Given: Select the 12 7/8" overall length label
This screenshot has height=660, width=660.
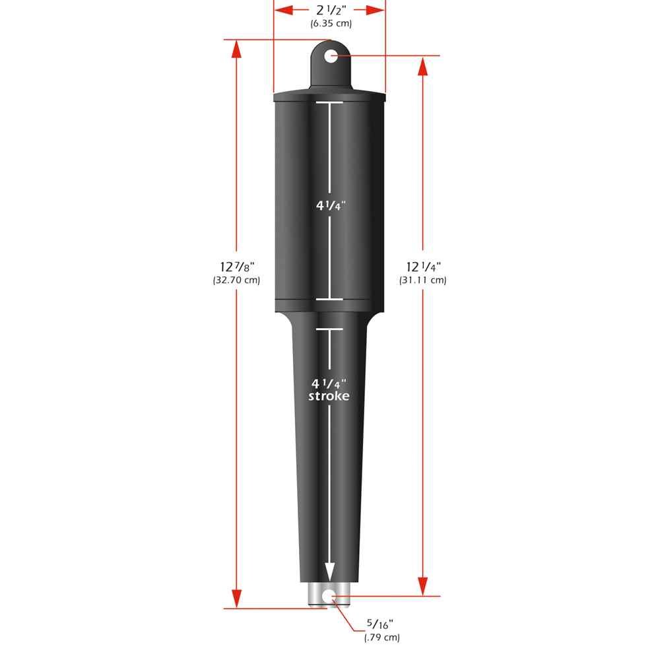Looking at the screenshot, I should point(237,267).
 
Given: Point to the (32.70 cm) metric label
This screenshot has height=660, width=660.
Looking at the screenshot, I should point(237,280).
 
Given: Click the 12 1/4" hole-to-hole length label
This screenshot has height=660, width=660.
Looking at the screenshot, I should point(423,267).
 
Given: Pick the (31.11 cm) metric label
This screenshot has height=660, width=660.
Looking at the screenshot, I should point(423,280).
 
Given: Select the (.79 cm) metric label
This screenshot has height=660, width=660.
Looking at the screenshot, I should point(381,637).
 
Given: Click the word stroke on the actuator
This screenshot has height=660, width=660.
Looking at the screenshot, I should point(329,396).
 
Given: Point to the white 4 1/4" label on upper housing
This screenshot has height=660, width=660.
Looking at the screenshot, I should point(329,205).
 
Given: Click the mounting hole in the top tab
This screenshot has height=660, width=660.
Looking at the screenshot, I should point(331,56).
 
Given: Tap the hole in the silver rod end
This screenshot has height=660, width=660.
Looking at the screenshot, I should point(328,596).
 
